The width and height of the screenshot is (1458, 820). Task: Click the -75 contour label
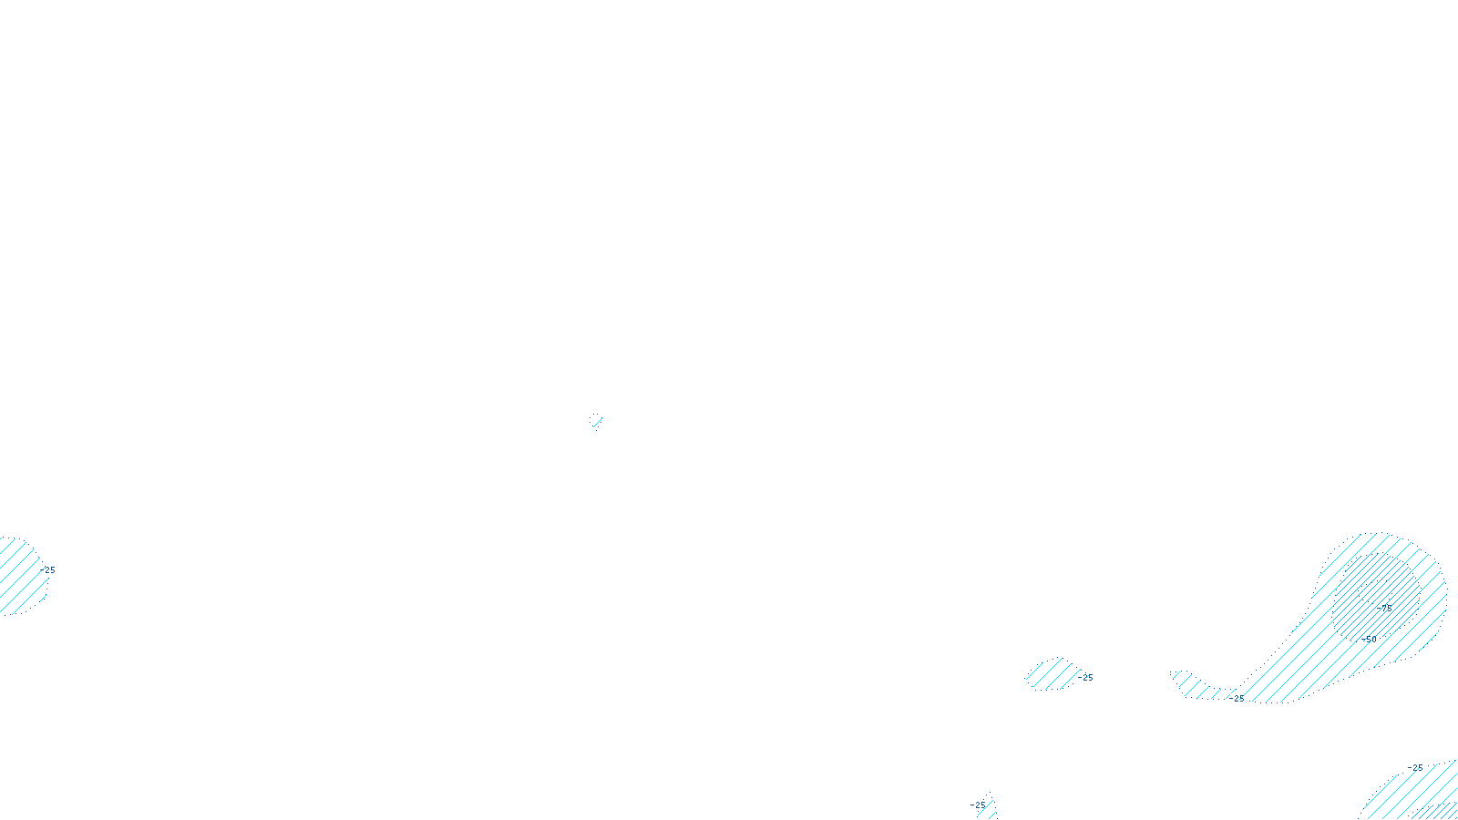click(x=1385, y=607)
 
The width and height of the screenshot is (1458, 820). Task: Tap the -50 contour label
click(x=1370, y=640)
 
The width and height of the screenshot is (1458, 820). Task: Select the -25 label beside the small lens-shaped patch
click(x=1085, y=678)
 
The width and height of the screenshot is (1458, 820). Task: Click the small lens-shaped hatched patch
click(x=1052, y=675)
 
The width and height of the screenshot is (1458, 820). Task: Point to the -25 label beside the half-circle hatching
click(x=49, y=570)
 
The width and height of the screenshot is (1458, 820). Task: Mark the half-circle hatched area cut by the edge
click(x=18, y=577)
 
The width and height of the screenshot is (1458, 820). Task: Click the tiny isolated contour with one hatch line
click(x=596, y=421)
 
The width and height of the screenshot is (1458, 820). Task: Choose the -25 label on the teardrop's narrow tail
click(x=1237, y=698)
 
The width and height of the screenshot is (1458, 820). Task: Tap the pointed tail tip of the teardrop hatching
click(x=1176, y=674)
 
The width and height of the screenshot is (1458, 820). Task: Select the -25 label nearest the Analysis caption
click(x=979, y=805)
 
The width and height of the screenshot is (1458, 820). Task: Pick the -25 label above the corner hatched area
click(x=1414, y=768)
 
